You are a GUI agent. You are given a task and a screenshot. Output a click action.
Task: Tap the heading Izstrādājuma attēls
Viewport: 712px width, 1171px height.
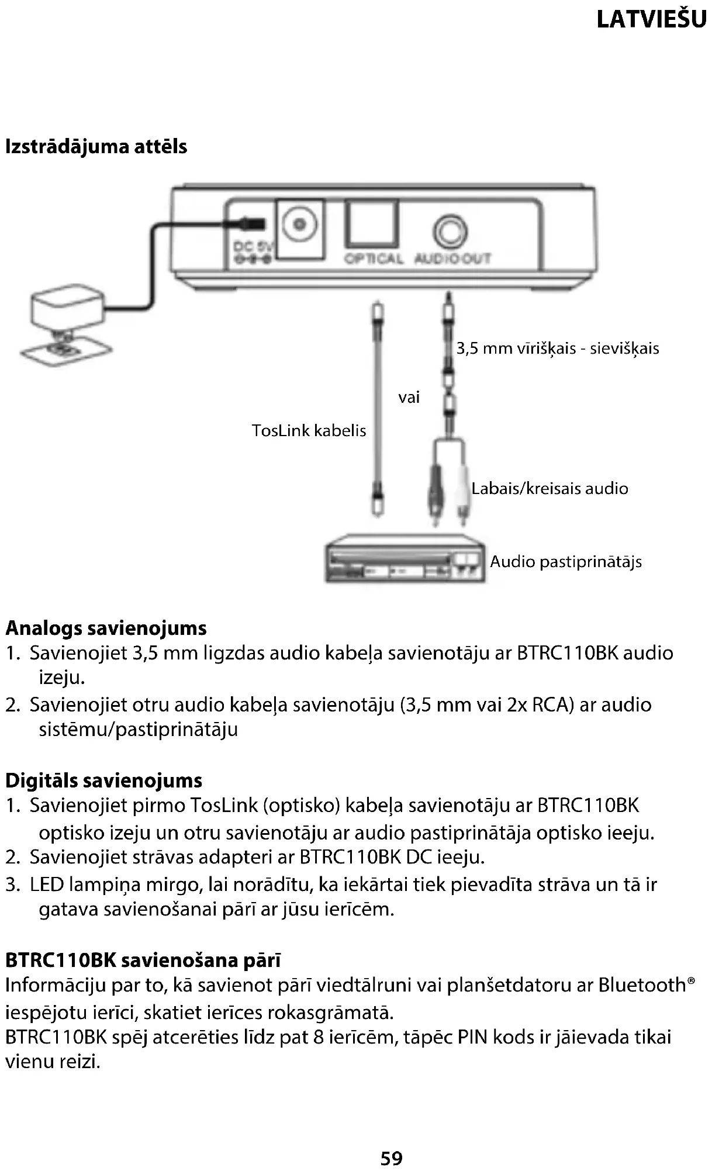point(96,146)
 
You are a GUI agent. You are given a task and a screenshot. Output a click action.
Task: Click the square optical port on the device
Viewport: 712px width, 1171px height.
point(372,223)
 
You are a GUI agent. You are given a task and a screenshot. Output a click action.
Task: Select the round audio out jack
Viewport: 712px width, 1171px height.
point(450,233)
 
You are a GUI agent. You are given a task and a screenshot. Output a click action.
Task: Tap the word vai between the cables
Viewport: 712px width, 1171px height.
point(409,398)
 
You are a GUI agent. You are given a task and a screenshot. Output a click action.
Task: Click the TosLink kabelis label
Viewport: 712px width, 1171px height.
point(309,431)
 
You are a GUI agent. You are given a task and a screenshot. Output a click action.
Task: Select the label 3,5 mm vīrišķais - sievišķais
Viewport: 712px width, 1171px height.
point(557,349)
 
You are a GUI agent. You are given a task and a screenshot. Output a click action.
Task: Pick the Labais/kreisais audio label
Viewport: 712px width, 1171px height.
point(549,488)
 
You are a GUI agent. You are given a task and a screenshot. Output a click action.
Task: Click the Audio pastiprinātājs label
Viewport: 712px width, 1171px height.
point(565,562)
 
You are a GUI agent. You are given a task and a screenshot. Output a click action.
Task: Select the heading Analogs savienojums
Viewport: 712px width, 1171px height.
point(106,628)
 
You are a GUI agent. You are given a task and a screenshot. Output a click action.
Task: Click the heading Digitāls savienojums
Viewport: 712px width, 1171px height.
point(103,780)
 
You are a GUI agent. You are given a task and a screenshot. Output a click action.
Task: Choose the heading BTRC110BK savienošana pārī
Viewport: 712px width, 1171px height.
point(143,960)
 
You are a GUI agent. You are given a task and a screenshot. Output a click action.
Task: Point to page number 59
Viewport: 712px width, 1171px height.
point(391,1158)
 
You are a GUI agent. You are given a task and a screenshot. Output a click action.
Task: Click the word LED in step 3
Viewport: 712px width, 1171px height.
point(47,885)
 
